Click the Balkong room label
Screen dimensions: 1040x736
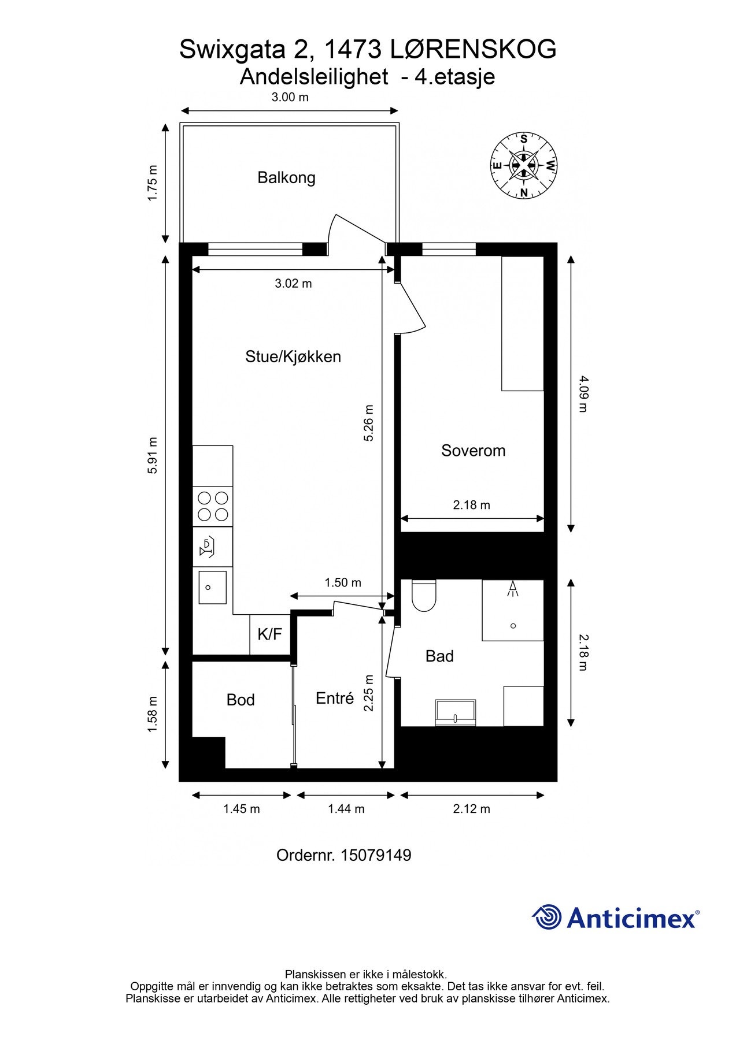286,177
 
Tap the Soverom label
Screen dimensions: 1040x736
473,451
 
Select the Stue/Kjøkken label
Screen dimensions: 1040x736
293,356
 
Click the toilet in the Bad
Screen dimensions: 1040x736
424,596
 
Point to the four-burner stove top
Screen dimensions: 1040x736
213,506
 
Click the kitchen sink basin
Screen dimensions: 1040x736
212,587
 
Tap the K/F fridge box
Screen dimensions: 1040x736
269,634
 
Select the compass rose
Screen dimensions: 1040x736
524,165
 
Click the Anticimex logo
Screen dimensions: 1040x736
615,918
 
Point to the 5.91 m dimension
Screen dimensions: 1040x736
153,455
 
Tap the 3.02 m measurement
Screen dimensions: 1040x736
293,284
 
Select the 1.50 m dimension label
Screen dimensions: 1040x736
343,582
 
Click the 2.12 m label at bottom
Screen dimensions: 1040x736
471,809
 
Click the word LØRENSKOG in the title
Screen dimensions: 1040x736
473,50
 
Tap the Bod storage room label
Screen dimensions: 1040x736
241,700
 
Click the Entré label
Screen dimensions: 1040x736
335,699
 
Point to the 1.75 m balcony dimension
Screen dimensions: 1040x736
153,183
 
